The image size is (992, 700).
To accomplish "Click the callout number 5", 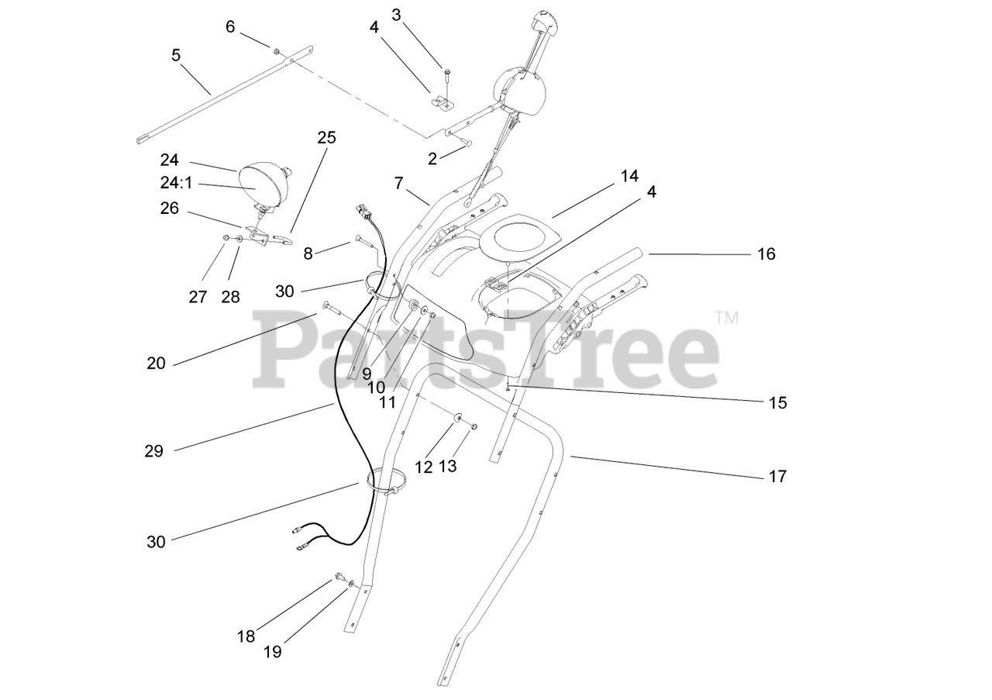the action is pyautogui.click(x=176, y=55).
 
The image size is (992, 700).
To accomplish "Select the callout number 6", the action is pyautogui.click(x=230, y=26).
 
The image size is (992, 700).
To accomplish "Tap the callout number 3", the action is pyautogui.click(x=397, y=14).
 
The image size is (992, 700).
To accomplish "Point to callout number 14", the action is pyautogui.click(x=629, y=176).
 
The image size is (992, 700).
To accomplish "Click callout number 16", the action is pyautogui.click(x=766, y=253).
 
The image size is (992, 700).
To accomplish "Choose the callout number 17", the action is pyautogui.click(x=777, y=476).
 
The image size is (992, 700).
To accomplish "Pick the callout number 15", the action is pyautogui.click(x=777, y=402).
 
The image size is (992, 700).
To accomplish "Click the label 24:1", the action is pyautogui.click(x=175, y=184).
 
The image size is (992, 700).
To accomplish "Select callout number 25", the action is pyautogui.click(x=327, y=138).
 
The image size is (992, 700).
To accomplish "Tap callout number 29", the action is pyautogui.click(x=154, y=450).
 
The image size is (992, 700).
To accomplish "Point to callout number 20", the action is pyautogui.click(x=156, y=363).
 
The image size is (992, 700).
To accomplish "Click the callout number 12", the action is pyautogui.click(x=423, y=467).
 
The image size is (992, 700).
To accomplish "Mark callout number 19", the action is pyautogui.click(x=272, y=652).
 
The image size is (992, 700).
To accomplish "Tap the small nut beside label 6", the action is pyautogui.click(x=275, y=50).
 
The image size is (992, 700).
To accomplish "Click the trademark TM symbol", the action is pyautogui.click(x=726, y=317).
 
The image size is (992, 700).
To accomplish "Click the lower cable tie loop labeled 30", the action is pyautogui.click(x=391, y=481).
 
